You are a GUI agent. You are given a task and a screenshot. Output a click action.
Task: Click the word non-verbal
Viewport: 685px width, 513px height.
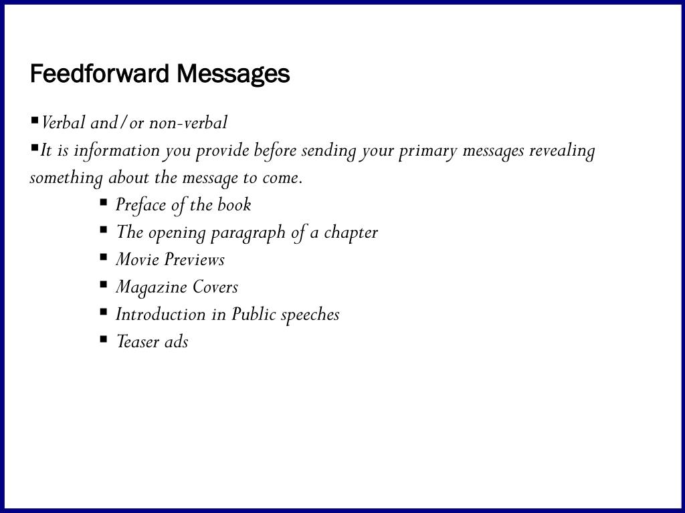(x=188, y=123)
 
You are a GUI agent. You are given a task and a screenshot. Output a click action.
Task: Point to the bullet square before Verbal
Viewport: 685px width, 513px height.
(x=35, y=121)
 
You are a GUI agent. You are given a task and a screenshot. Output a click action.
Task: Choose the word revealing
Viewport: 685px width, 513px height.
(x=562, y=151)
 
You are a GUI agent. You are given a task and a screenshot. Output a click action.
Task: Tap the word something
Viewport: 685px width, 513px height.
(x=66, y=178)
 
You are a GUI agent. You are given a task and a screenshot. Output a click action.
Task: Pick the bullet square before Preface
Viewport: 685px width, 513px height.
(x=104, y=202)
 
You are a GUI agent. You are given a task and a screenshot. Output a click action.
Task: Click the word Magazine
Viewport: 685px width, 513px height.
(x=152, y=287)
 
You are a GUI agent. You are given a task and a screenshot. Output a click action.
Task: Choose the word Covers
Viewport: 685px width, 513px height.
(x=215, y=287)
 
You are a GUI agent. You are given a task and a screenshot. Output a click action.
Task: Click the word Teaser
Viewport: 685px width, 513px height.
(x=138, y=341)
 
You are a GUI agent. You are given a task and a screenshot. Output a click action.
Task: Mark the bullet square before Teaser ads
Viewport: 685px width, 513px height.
(x=104, y=339)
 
